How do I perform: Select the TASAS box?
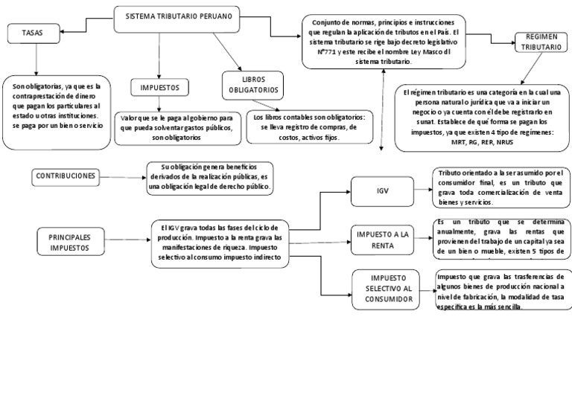point(33,33)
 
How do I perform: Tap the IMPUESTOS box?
point(159,88)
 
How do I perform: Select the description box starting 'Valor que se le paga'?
point(176,128)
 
